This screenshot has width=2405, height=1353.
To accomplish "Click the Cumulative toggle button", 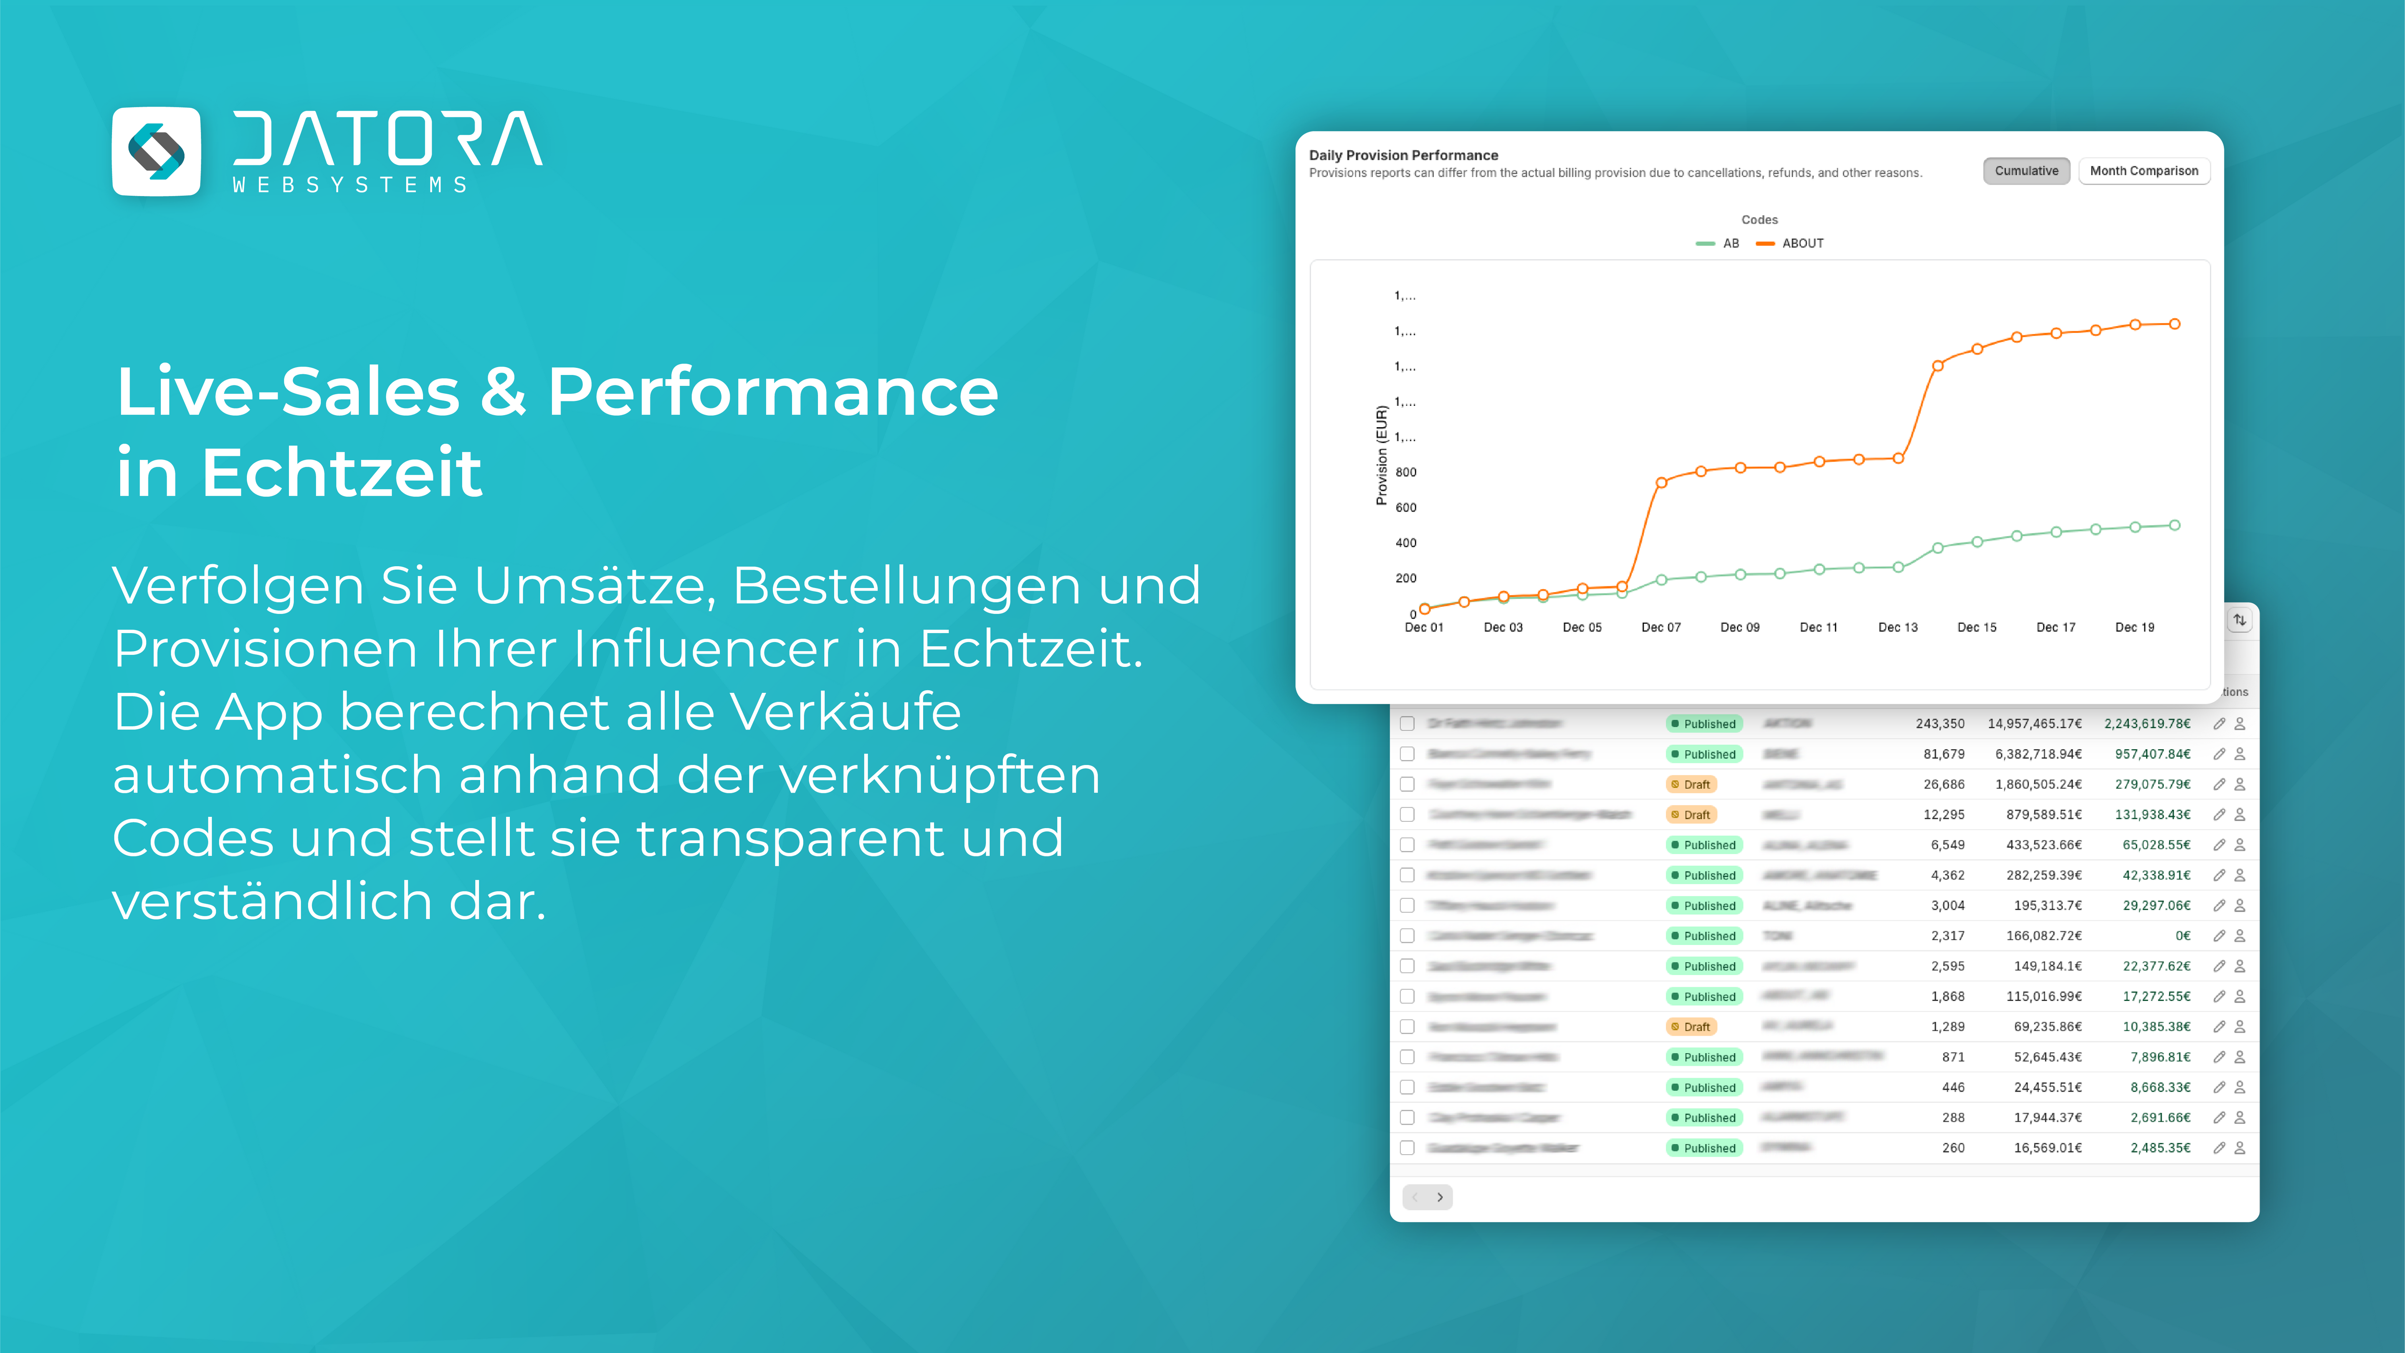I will click(2026, 171).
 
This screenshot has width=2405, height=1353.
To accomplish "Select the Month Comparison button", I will click(2144, 171).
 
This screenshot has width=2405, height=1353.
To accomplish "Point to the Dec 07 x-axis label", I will click(1661, 628).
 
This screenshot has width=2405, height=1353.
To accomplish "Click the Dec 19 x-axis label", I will click(2134, 628).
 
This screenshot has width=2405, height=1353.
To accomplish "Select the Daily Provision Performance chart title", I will click(1403, 155).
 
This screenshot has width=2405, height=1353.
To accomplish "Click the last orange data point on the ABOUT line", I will click(2175, 324).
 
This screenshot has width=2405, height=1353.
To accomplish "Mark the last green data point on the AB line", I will click(2175, 526).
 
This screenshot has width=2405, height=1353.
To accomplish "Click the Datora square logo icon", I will click(156, 151).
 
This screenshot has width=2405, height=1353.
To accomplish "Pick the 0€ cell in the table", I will click(2183, 935).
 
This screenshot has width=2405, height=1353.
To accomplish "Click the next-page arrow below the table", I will click(1440, 1197).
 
